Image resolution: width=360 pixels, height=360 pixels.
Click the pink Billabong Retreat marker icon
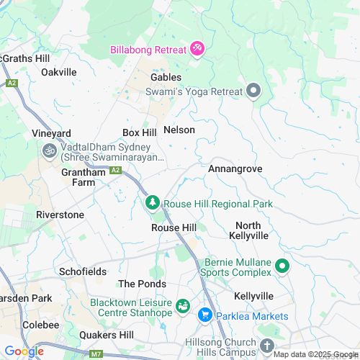point(197,49)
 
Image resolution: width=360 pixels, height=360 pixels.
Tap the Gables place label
point(166,77)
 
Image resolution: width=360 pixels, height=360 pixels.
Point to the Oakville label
point(58,72)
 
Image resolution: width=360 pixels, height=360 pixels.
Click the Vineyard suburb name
point(51,134)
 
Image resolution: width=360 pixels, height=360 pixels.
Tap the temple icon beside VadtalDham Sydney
point(50,151)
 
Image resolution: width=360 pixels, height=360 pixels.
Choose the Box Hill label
point(140,133)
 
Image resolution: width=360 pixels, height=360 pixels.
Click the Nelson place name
point(179,130)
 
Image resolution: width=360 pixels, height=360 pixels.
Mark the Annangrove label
point(235,169)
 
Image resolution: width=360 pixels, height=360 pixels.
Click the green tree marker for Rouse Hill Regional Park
point(152,204)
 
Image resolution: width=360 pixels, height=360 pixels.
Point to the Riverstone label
point(60,215)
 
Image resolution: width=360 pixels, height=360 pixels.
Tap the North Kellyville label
point(248,230)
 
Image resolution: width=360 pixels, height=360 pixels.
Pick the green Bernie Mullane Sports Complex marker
point(282,267)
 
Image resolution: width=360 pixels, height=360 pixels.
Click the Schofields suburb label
point(82,272)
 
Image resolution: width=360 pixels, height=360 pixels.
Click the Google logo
point(24,351)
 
